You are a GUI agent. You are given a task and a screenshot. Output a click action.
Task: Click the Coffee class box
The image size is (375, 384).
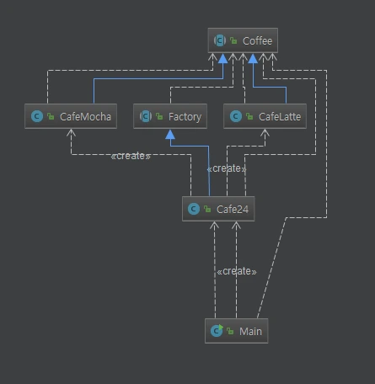242,40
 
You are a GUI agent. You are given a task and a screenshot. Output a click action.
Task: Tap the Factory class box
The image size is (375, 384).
171,116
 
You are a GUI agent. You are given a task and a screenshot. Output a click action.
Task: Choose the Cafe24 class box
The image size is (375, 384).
218,208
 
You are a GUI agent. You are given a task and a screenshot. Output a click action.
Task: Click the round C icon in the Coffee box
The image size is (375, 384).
221,40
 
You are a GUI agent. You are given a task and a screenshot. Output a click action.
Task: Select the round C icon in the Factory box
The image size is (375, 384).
145,116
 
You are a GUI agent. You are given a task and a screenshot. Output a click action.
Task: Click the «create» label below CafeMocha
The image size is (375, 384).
131,157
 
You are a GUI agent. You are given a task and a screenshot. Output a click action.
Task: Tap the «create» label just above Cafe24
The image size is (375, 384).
226,168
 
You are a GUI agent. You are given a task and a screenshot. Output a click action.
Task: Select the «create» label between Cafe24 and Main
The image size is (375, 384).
236,271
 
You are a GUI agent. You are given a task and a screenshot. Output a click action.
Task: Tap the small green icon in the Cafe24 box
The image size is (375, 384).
207,209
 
